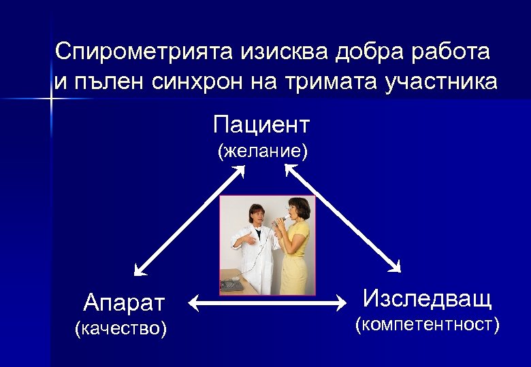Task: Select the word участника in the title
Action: pyautogui.click(x=441, y=82)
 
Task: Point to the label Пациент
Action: pyautogui.click(x=261, y=125)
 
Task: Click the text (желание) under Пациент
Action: pyautogui.click(x=262, y=151)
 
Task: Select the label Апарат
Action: pyautogui.click(x=124, y=300)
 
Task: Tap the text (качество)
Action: pyautogui.click(x=120, y=329)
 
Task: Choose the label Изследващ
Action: pyautogui.click(x=427, y=298)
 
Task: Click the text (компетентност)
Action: pyautogui.click(x=428, y=325)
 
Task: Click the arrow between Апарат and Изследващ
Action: pyautogui.click(x=268, y=303)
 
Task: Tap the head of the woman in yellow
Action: pyautogui.click(x=297, y=207)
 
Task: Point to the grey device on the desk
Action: pyautogui.click(x=231, y=285)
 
